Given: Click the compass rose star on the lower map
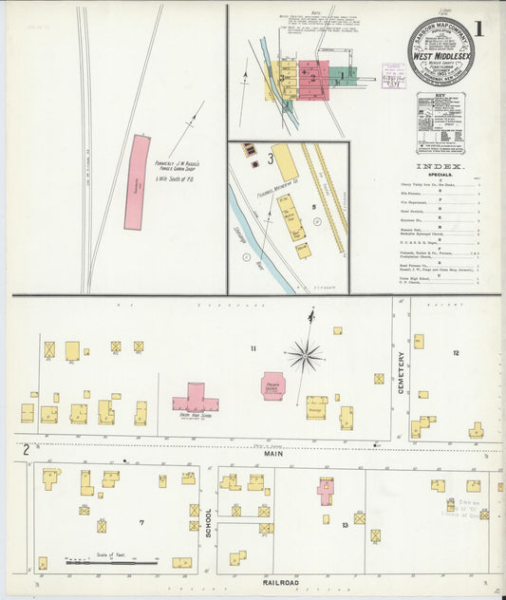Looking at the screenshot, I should pyautogui.click(x=305, y=356).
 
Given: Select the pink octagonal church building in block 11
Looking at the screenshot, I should pyautogui.click(x=273, y=385).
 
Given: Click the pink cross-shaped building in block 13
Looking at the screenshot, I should pyautogui.click(x=326, y=491).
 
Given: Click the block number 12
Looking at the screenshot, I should pyautogui.click(x=456, y=352).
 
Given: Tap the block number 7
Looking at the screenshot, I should pyautogui.click(x=141, y=522).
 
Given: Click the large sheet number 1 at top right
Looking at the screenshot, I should pyautogui.click(x=478, y=28).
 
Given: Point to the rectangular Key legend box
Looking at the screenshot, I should pyautogui.click(x=440, y=122).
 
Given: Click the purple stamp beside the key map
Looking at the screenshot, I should pyautogui.click(x=393, y=76).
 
